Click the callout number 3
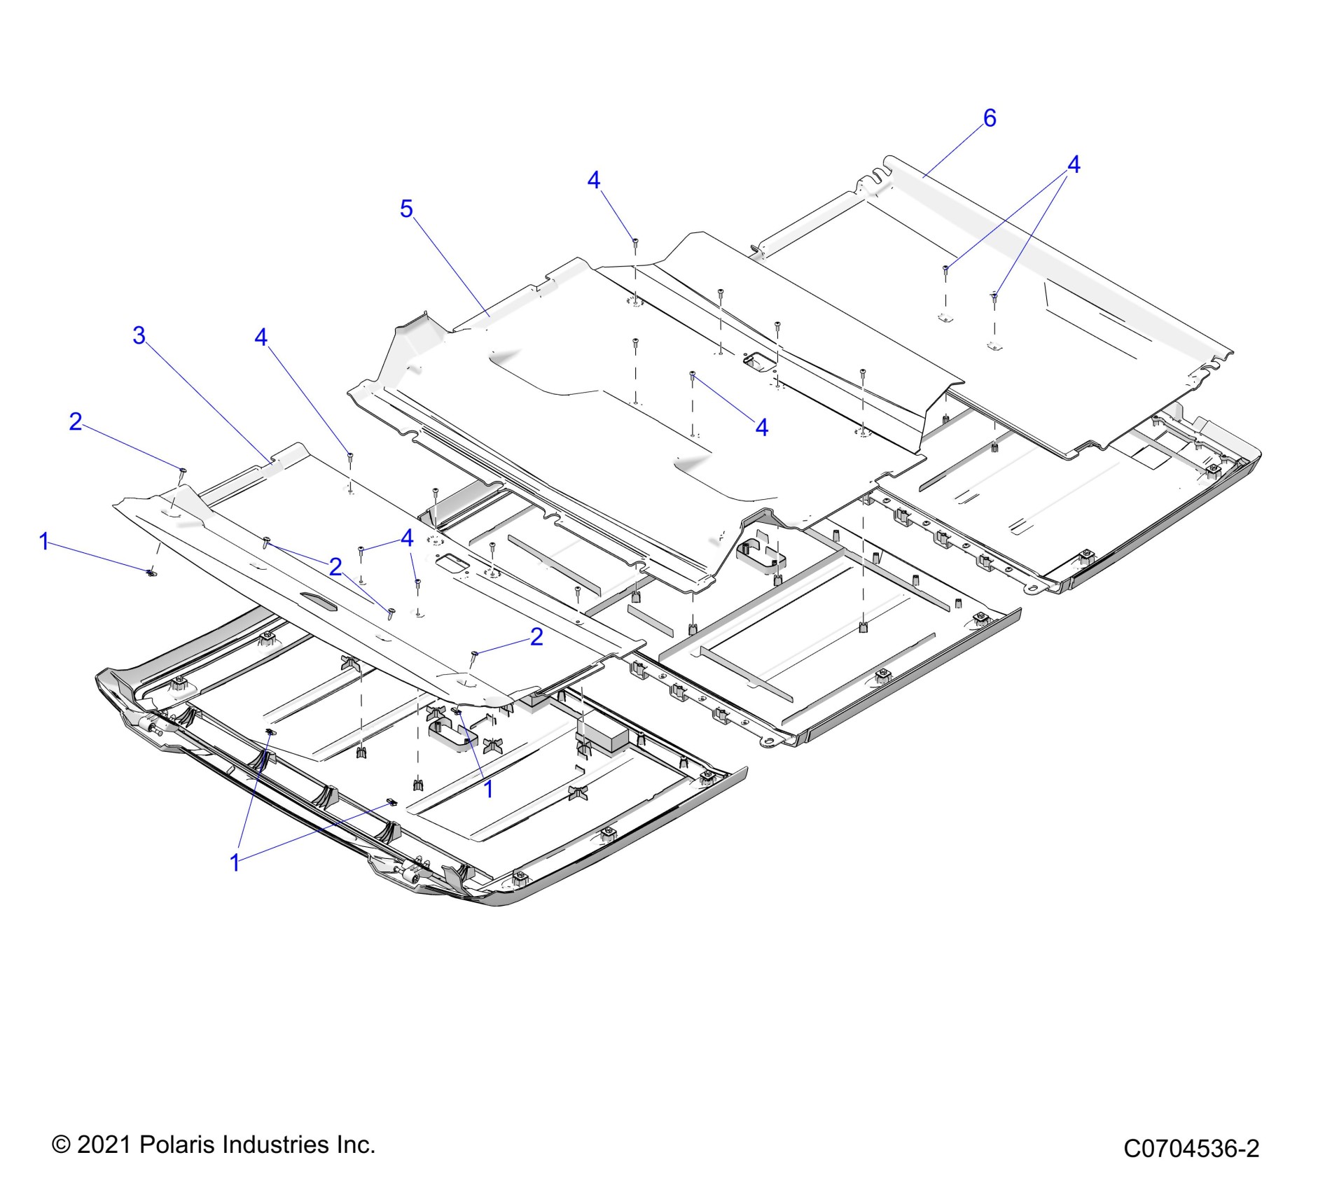tap(139, 336)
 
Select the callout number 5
tap(406, 209)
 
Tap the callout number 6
tap(989, 118)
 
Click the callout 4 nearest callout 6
tap(1073, 165)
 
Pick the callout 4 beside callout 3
tap(261, 337)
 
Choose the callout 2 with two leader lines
tap(335, 566)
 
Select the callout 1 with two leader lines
tap(235, 862)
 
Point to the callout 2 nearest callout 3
tap(76, 421)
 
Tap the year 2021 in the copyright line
tap(105, 1144)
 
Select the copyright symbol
tap(62, 1145)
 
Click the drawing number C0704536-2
tap(1191, 1149)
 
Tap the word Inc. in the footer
tap(354, 1144)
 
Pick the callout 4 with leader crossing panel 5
tap(761, 427)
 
